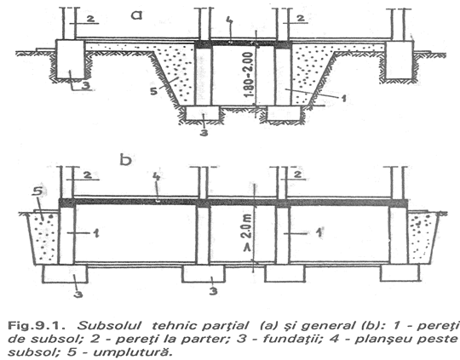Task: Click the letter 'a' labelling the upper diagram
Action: click(136, 14)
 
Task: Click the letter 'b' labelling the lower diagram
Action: click(126, 160)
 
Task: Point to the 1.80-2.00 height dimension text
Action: click(248, 74)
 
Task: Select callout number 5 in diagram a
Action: click(153, 91)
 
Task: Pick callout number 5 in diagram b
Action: click(37, 191)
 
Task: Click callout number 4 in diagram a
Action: click(230, 20)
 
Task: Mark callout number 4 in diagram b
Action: click(157, 177)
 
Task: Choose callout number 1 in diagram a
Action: click(342, 98)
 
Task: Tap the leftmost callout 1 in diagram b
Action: click(95, 233)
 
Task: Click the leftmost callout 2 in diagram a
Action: click(90, 19)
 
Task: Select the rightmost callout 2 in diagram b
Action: click(297, 175)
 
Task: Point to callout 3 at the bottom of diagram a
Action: click(204, 133)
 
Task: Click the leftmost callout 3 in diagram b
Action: click(78, 294)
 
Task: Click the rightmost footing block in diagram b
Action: click(400, 273)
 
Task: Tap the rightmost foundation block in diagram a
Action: click(400, 60)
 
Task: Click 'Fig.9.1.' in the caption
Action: click(36, 326)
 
